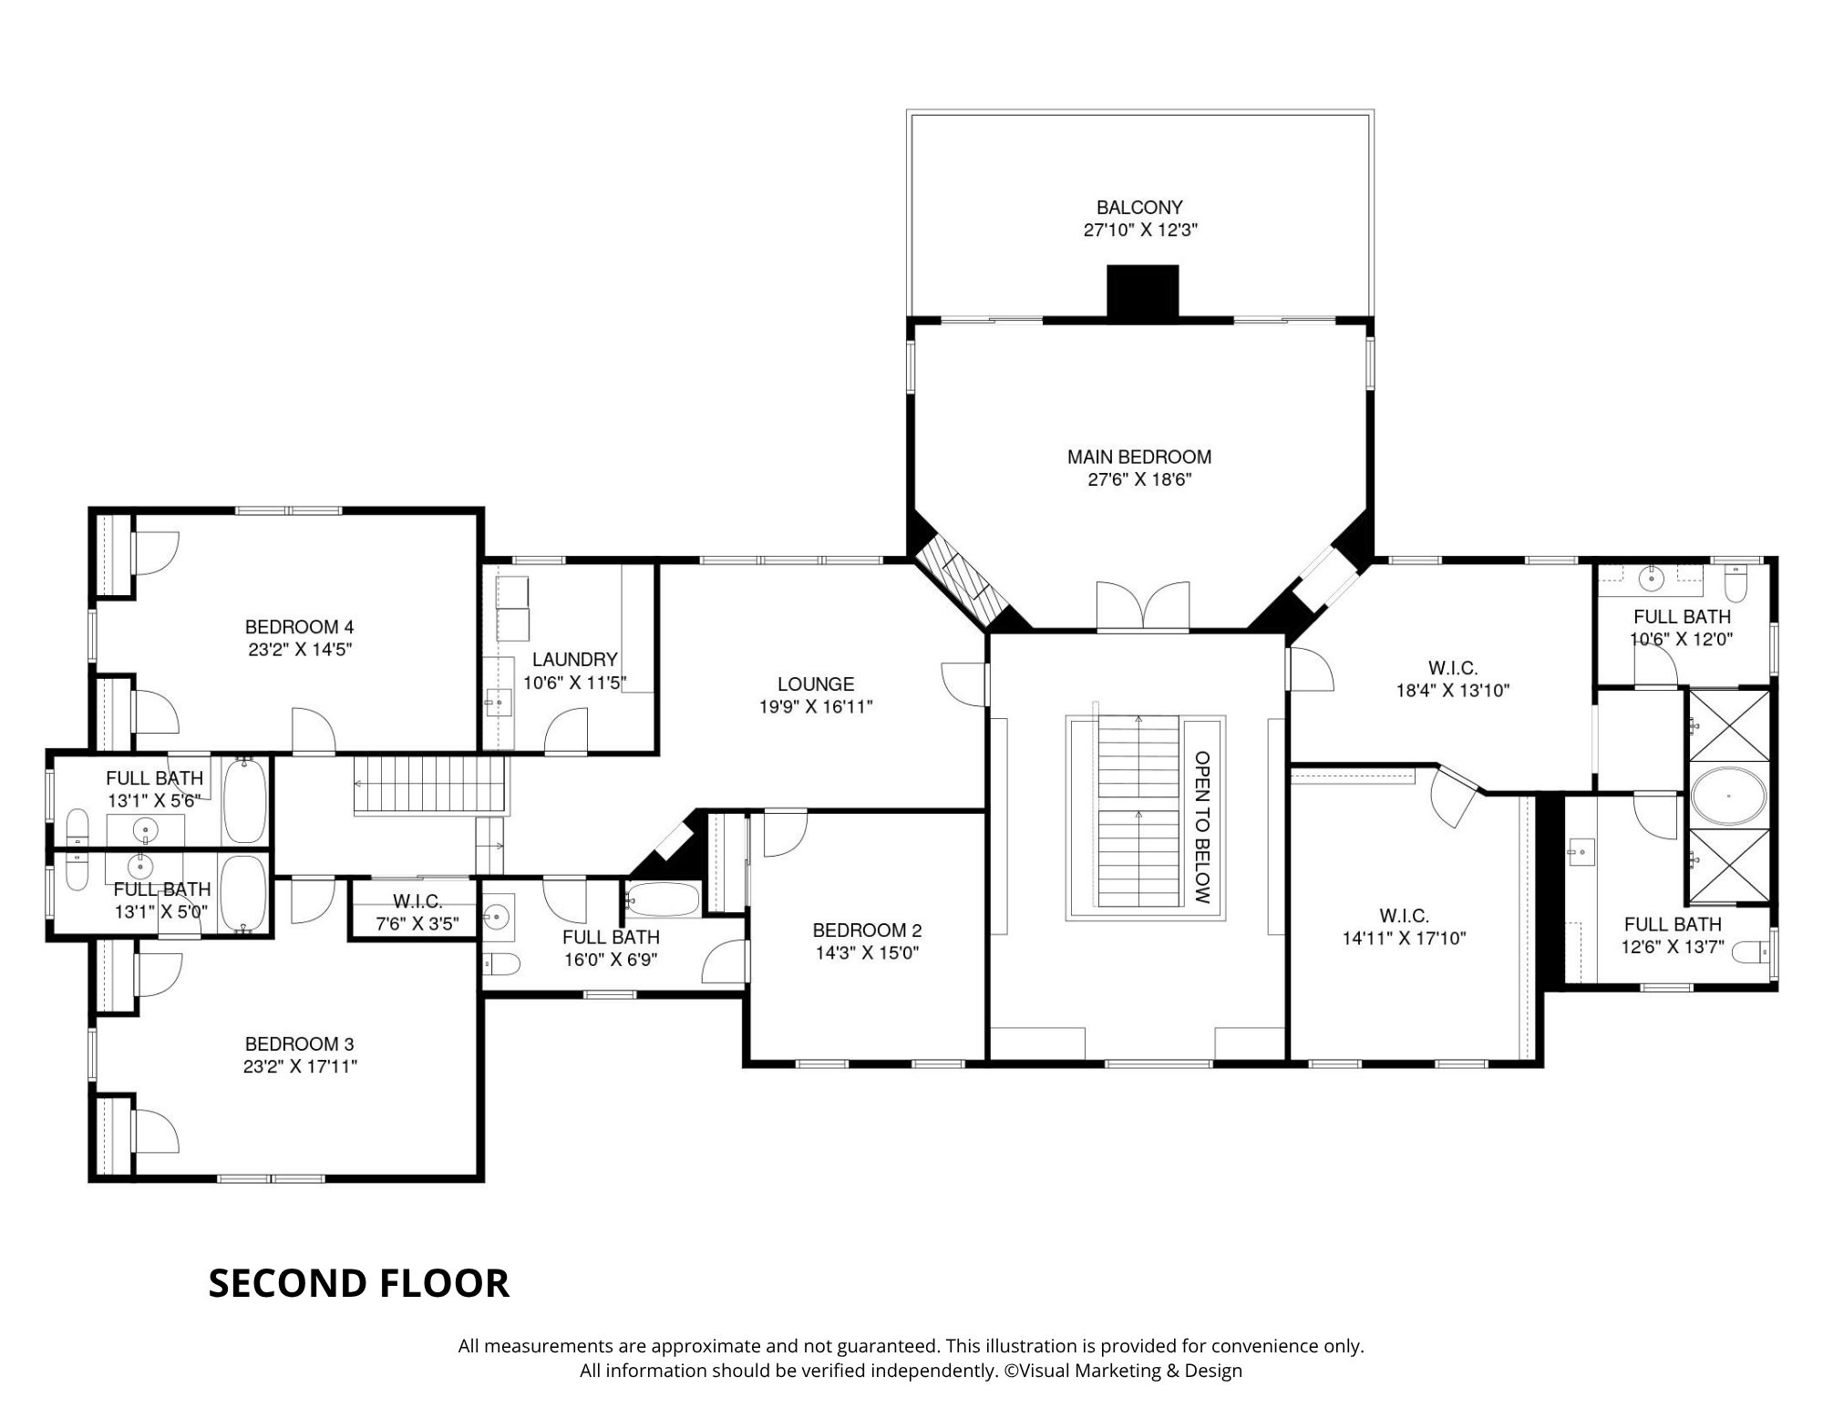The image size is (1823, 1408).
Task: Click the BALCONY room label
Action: (x=1139, y=208)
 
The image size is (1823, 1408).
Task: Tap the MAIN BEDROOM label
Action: (x=1139, y=457)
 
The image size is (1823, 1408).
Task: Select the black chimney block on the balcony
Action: (x=1143, y=292)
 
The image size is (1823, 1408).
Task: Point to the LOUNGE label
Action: (x=816, y=683)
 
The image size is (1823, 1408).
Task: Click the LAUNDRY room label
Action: (x=575, y=659)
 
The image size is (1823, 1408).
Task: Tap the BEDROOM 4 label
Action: (x=299, y=627)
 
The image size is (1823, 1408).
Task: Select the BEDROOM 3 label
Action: (x=299, y=1044)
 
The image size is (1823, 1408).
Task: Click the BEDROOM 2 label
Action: (x=867, y=930)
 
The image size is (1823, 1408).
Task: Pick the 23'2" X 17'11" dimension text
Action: (x=300, y=1067)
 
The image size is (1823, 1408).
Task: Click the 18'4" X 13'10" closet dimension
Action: (x=1453, y=691)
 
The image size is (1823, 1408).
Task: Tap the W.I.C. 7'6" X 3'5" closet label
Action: (x=417, y=912)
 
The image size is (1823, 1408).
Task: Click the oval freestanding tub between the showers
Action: (x=1728, y=796)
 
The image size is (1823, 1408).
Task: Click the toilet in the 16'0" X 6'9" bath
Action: (x=500, y=964)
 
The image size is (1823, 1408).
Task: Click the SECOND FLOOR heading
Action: (x=359, y=1283)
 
